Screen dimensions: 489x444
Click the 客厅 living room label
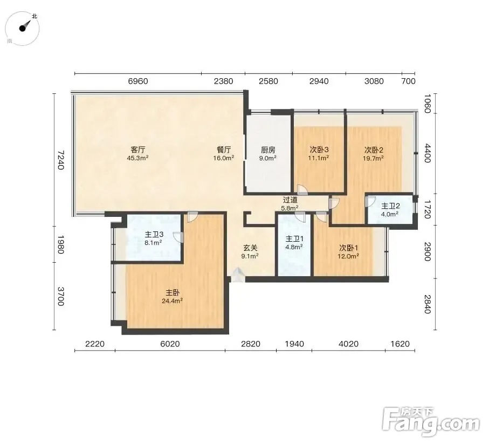pos(138,149)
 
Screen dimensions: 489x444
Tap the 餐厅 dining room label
pos(224,149)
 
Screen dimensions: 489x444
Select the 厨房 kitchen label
pos(268,150)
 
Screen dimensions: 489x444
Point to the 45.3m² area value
pos(137,158)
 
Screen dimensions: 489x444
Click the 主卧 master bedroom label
pos(172,292)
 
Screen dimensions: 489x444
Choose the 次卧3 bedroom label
pos(319,150)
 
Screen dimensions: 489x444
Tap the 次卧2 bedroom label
pos(374,150)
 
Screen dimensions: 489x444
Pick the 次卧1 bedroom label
pos(348,248)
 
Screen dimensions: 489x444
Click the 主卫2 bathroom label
pos(390,206)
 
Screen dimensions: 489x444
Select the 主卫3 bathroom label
pos(154,234)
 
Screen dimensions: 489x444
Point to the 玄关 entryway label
pos(250,248)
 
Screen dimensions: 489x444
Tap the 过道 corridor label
pos(290,200)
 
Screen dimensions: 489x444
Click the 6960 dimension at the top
pos(138,81)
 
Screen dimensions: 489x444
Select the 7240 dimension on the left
pos(60,160)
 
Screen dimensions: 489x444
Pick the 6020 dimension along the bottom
pos(170,344)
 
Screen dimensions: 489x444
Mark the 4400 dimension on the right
pos(428,153)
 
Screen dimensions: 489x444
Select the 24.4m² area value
pos(172,301)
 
